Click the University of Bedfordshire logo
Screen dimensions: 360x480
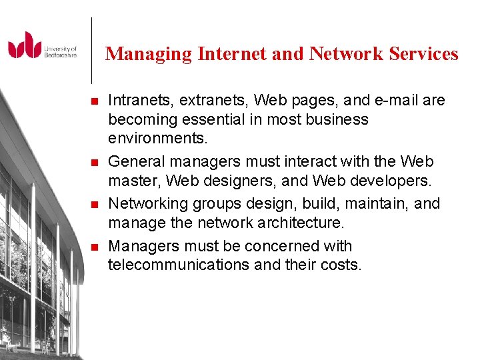[x=42, y=45]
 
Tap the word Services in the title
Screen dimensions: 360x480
[x=425, y=53]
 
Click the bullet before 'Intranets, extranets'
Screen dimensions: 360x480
[x=93, y=101]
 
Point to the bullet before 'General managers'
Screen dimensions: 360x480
[x=93, y=162]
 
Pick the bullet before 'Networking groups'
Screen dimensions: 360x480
[x=93, y=204]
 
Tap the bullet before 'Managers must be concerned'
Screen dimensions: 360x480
[x=93, y=247]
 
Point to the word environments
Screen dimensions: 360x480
[x=158, y=139]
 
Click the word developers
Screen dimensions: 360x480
[x=391, y=181]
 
